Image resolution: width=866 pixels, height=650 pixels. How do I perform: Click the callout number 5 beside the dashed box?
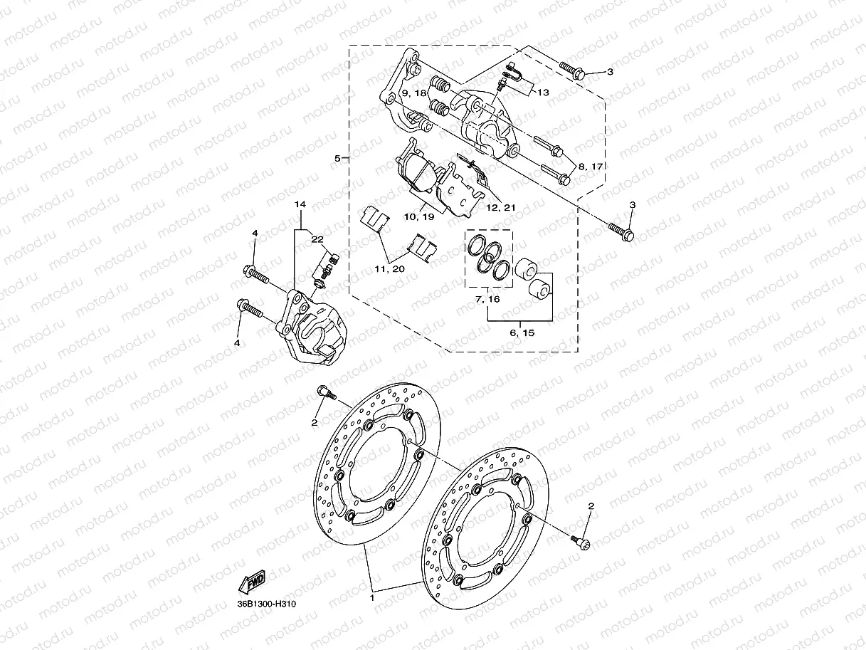(337, 158)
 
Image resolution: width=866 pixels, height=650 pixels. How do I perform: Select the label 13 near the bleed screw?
(543, 93)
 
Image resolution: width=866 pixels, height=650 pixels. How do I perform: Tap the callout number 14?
(301, 204)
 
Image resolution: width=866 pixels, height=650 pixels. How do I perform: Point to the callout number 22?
(316, 239)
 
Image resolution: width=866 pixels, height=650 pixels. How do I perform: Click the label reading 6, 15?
(522, 332)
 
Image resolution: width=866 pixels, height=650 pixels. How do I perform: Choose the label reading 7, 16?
(488, 300)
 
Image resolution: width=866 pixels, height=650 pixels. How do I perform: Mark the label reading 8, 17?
(591, 166)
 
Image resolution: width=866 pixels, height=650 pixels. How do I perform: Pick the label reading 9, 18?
(413, 93)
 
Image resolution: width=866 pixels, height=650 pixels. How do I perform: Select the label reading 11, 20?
(388, 269)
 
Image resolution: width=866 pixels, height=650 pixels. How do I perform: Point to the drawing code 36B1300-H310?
(267, 604)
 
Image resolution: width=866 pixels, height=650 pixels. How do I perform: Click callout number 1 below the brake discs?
(371, 599)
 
